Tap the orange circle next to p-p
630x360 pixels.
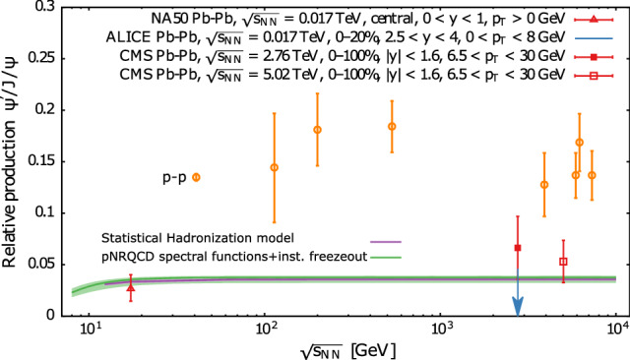(196, 177)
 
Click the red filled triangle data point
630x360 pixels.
(131, 287)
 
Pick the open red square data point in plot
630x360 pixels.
(563, 262)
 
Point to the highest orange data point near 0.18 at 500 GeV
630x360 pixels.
(392, 126)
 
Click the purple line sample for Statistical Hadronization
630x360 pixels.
(382, 240)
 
